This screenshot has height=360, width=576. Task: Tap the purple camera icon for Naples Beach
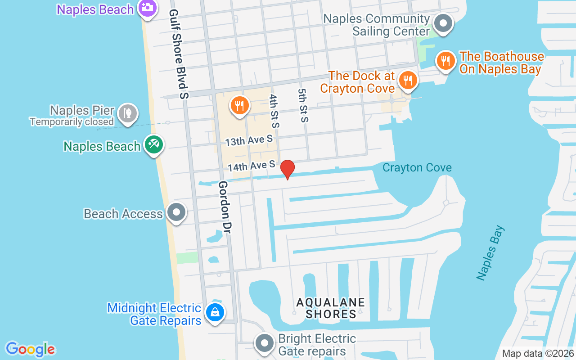tap(147, 8)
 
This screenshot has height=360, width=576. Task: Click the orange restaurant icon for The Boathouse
tap(445, 61)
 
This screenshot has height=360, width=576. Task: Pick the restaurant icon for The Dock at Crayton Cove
tap(408, 80)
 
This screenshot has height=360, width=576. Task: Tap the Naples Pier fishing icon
tap(128, 113)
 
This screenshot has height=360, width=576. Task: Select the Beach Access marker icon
tap(176, 212)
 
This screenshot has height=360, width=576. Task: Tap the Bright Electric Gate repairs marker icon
tap(265, 343)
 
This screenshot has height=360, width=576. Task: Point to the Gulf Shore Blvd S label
tap(180, 54)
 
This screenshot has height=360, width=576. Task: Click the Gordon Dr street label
tap(224, 207)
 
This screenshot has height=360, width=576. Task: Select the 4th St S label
tap(274, 111)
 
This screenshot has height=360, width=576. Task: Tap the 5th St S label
tap(303, 105)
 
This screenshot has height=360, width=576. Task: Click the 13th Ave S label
tap(249, 140)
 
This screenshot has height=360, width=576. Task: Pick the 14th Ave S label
tap(251, 166)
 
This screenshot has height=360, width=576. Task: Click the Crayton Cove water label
tap(417, 168)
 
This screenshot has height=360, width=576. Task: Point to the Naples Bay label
tap(491, 252)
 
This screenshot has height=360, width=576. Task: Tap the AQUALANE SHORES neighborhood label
tap(331, 308)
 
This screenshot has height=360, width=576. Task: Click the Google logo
tap(31, 349)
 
